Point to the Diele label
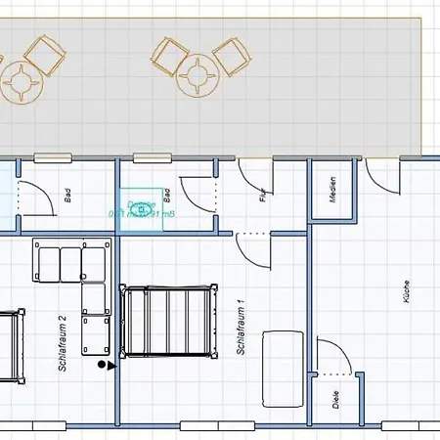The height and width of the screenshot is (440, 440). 335,399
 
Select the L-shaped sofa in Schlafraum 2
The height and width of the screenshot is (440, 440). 78,284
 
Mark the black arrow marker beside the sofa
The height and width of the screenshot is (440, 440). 106,366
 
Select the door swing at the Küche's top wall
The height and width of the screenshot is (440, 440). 384,176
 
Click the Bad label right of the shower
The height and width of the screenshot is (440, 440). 168,195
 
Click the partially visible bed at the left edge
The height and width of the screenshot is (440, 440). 9,347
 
